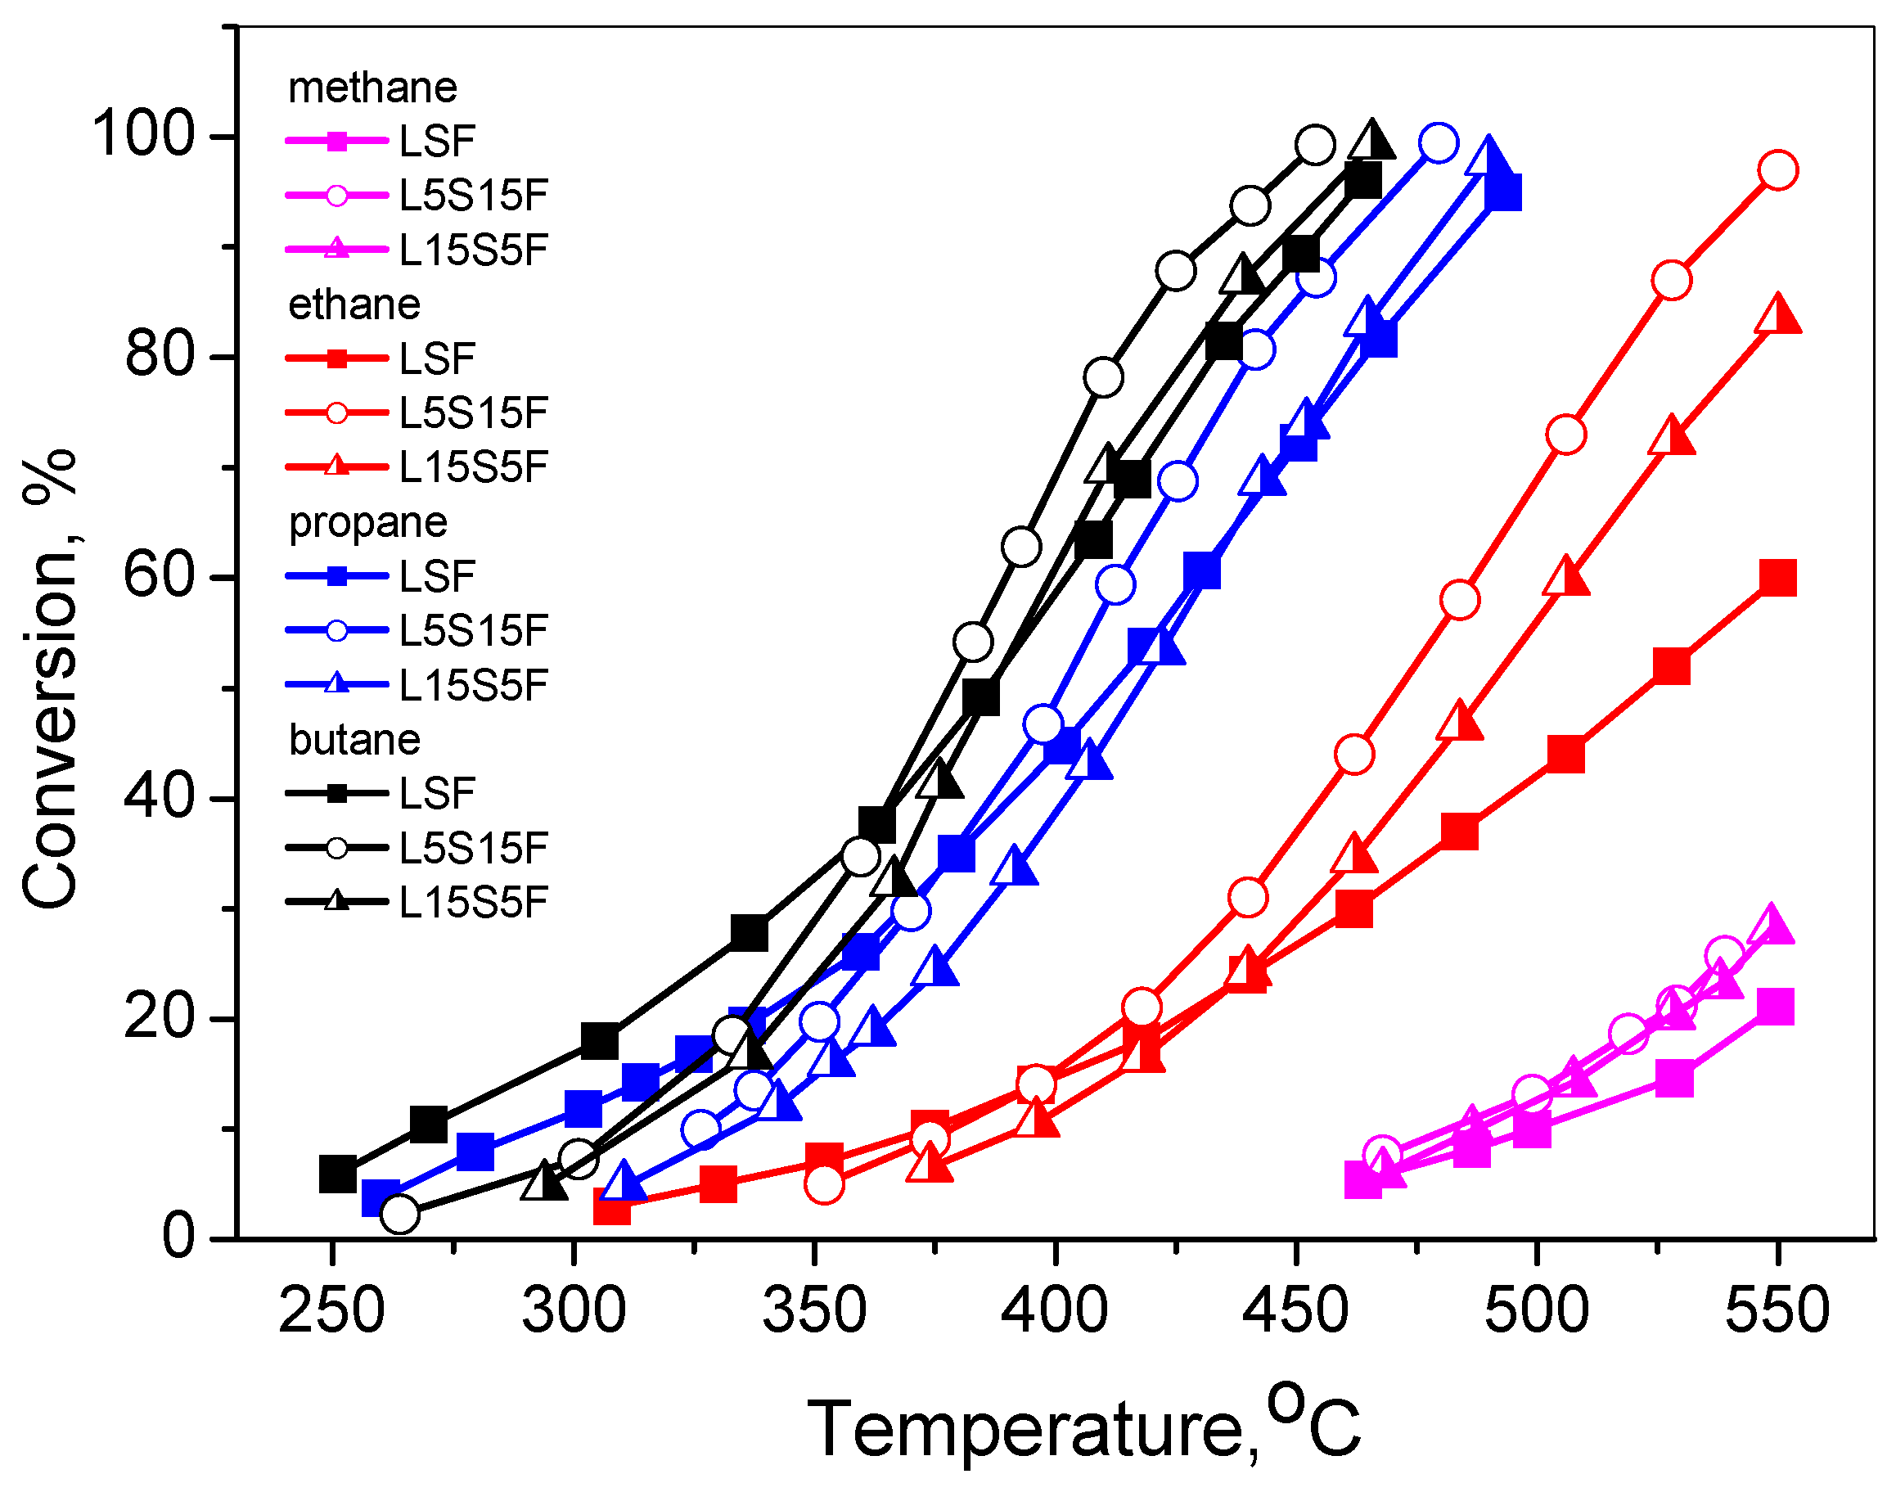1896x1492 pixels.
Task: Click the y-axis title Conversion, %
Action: pyautogui.click(x=49, y=678)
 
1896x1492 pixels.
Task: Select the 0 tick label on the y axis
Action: pyautogui.click(x=178, y=1237)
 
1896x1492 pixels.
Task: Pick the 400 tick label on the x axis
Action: pyautogui.click(x=1054, y=1311)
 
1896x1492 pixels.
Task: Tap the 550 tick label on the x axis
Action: pyautogui.click(x=1776, y=1311)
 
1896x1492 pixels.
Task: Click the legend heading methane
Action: pyautogui.click(x=372, y=88)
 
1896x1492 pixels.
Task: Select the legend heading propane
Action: pyautogui.click(x=367, y=522)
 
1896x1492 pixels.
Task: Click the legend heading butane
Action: pyautogui.click(x=354, y=740)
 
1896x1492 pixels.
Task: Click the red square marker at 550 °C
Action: pyautogui.click(x=1777, y=579)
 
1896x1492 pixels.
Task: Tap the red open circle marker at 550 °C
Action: pyautogui.click(x=1778, y=170)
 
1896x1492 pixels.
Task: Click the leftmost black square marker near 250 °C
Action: pyautogui.click(x=338, y=1174)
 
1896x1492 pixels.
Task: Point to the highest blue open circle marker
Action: pyautogui.click(x=1439, y=143)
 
